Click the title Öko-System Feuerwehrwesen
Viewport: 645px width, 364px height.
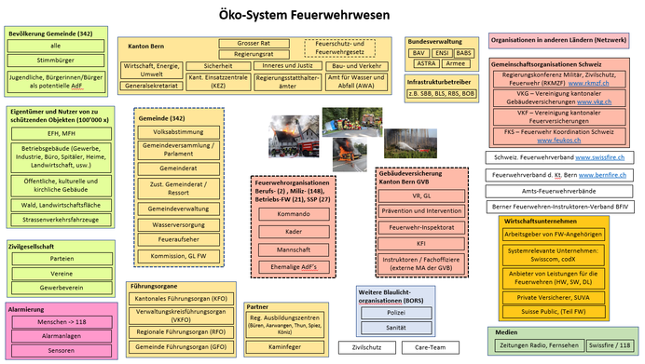point(322,15)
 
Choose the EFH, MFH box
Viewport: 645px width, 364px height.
point(55,133)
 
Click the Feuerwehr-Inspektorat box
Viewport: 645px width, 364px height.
point(421,228)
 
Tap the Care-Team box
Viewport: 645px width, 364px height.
point(430,346)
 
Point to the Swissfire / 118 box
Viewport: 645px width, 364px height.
point(608,345)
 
